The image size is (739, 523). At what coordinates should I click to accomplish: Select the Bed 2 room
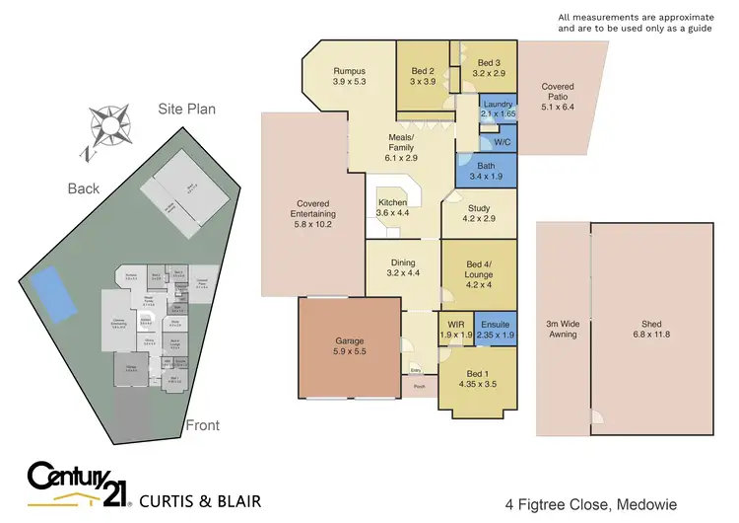[422, 76]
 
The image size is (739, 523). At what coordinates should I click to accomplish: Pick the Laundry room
[498, 110]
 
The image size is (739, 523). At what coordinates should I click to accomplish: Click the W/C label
[502, 141]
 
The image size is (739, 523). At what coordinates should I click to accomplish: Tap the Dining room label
[403, 266]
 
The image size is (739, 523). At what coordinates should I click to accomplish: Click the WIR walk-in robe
[455, 330]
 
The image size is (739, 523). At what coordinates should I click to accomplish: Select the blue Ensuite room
[496, 330]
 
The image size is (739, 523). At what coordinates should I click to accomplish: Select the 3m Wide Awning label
[563, 329]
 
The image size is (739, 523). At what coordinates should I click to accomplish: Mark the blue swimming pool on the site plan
[55, 294]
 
